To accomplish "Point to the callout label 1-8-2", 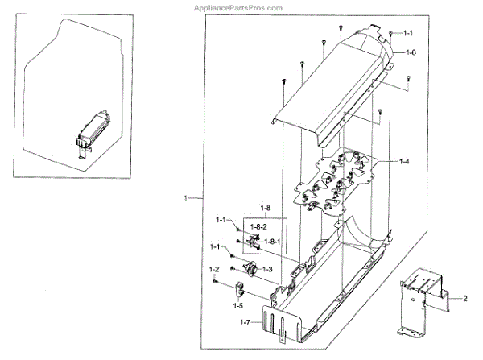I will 258,227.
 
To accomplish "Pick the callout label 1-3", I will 267,268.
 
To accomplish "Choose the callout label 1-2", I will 215,268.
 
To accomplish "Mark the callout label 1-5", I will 237,305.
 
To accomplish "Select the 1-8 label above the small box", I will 243,209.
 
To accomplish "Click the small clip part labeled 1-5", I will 241,289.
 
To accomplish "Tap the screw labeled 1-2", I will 216,280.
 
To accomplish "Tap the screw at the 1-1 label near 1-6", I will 390,34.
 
